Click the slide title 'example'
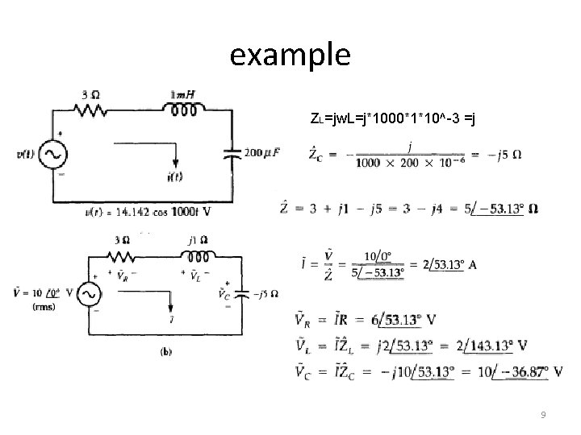[x=290, y=55]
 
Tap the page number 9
[x=543, y=415]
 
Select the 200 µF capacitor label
[x=262, y=152]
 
